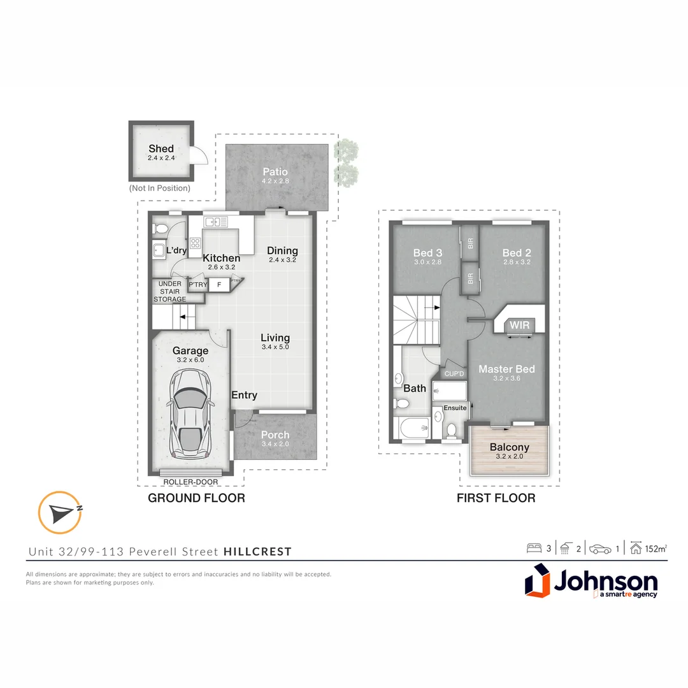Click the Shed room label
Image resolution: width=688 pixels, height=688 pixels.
pyautogui.click(x=161, y=149)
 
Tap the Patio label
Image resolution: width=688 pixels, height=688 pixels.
pyautogui.click(x=275, y=172)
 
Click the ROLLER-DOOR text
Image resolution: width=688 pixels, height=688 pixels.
pyautogui.click(x=190, y=482)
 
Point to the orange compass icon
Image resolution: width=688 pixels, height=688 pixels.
pyautogui.click(x=59, y=512)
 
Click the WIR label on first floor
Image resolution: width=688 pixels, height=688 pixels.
pyautogui.click(x=519, y=326)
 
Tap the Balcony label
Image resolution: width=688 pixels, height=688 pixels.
pyautogui.click(x=509, y=447)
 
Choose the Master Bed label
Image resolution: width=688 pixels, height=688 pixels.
pyautogui.click(x=506, y=369)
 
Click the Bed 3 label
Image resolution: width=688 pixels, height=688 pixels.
pyautogui.click(x=427, y=253)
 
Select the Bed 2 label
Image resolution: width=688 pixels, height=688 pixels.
pyautogui.click(x=516, y=253)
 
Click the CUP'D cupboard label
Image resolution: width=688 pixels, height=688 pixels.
pyautogui.click(x=454, y=373)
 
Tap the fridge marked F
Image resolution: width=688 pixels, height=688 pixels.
pyautogui.click(x=219, y=285)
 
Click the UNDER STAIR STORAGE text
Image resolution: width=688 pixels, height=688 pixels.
pyautogui.click(x=169, y=291)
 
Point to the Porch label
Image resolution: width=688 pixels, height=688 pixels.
pyautogui.click(x=275, y=435)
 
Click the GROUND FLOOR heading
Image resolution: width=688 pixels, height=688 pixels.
pyautogui.click(x=196, y=498)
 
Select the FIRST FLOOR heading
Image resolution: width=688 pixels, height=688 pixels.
pyautogui.click(x=496, y=498)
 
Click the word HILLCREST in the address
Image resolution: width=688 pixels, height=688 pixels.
pyautogui.click(x=257, y=552)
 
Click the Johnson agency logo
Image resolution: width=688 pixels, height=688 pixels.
pyautogui.click(x=591, y=582)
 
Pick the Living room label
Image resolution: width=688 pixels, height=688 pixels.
pyautogui.click(x=275, y=338)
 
